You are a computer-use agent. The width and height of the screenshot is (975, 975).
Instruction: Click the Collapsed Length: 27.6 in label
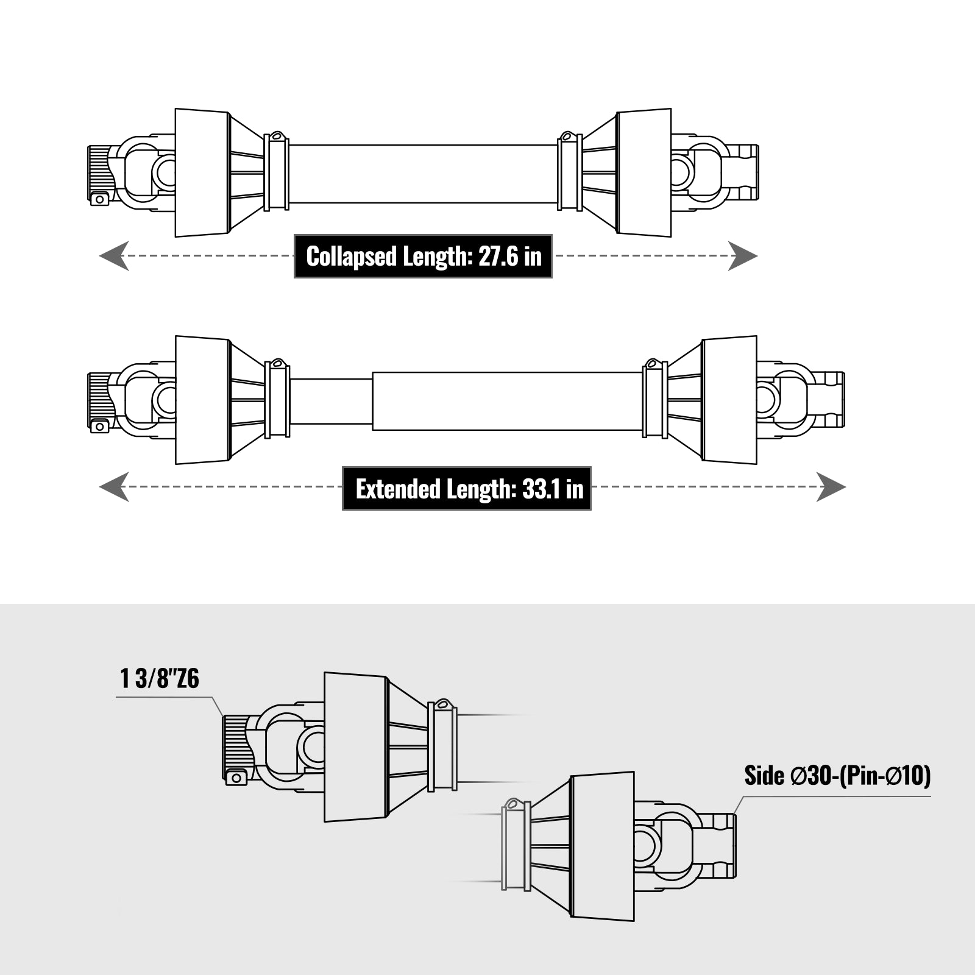click(423, 257)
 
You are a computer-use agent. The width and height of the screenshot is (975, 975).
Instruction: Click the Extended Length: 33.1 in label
click(467, 489)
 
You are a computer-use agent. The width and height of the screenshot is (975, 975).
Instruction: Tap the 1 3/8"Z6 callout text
click(160, 679)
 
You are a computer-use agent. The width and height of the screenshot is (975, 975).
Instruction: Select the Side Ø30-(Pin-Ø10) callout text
click(837, 776)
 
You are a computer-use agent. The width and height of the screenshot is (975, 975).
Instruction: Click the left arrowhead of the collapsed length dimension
click(114, 256)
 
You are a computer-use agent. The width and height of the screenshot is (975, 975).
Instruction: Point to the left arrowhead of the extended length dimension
click(114, 487)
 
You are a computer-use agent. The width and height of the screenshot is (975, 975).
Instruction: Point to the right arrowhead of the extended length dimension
click(831, 487)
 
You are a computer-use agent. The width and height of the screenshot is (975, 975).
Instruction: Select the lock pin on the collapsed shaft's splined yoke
click(99, 199)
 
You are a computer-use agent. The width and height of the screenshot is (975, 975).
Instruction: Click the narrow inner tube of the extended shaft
click(331, 401)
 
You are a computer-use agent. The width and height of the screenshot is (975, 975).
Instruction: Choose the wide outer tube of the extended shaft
click(507, 401)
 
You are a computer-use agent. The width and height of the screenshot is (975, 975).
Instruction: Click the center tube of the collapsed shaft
click(423, 174)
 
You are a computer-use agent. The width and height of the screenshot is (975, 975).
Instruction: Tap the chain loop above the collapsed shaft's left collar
click(275, 135)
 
